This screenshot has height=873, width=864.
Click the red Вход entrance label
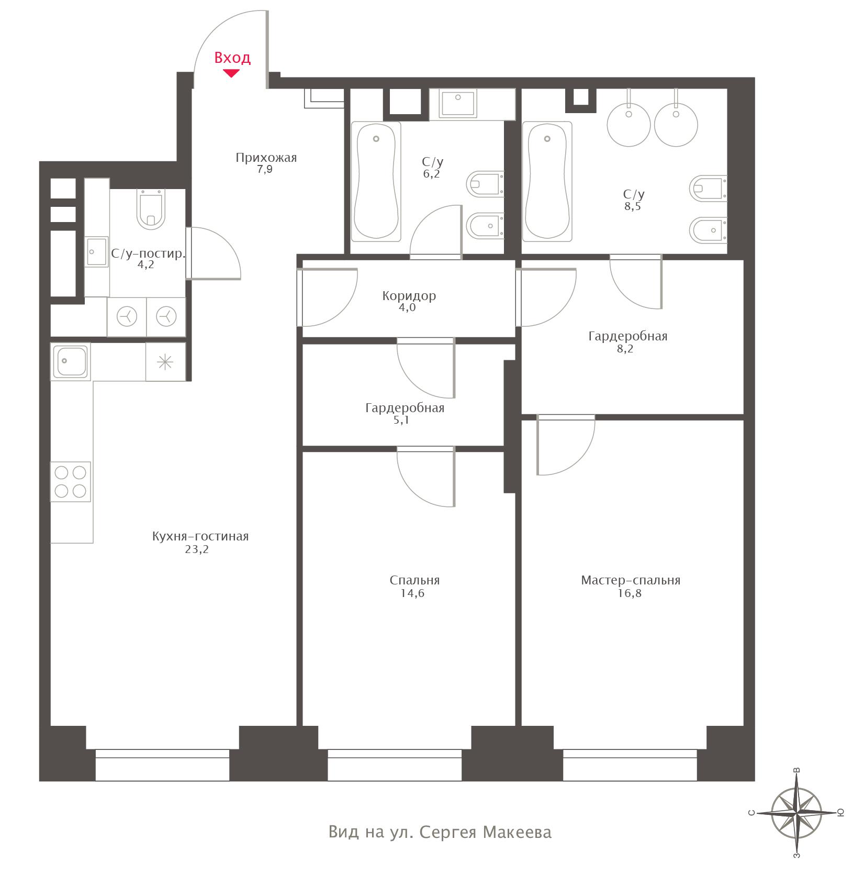tap(232, 57)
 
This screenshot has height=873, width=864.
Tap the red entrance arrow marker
tap(231, 73)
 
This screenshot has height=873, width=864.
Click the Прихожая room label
tap(266, 158)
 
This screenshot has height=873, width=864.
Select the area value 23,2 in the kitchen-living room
tap(198, 549)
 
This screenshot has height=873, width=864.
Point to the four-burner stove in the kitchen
tap(71, 481)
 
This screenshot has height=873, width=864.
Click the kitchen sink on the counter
tap(71, 361)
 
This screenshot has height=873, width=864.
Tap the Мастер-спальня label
tap(631, 580)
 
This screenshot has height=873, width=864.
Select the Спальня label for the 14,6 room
tap(414, 580)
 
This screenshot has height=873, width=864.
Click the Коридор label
tap(409, 296)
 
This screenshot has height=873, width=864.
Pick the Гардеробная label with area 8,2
tap(628, 336)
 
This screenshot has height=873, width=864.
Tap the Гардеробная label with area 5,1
tap(405, 408)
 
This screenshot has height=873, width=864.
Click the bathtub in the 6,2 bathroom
tap(376, 182)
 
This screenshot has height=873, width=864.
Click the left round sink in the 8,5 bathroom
tap(629, 125)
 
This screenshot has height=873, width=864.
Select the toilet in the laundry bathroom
tap(150, 208)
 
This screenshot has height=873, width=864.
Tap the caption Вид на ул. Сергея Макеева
tap(440, 832)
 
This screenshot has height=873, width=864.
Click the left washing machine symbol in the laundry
tap(127, 317)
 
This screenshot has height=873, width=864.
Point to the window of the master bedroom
tap(630, 765)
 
